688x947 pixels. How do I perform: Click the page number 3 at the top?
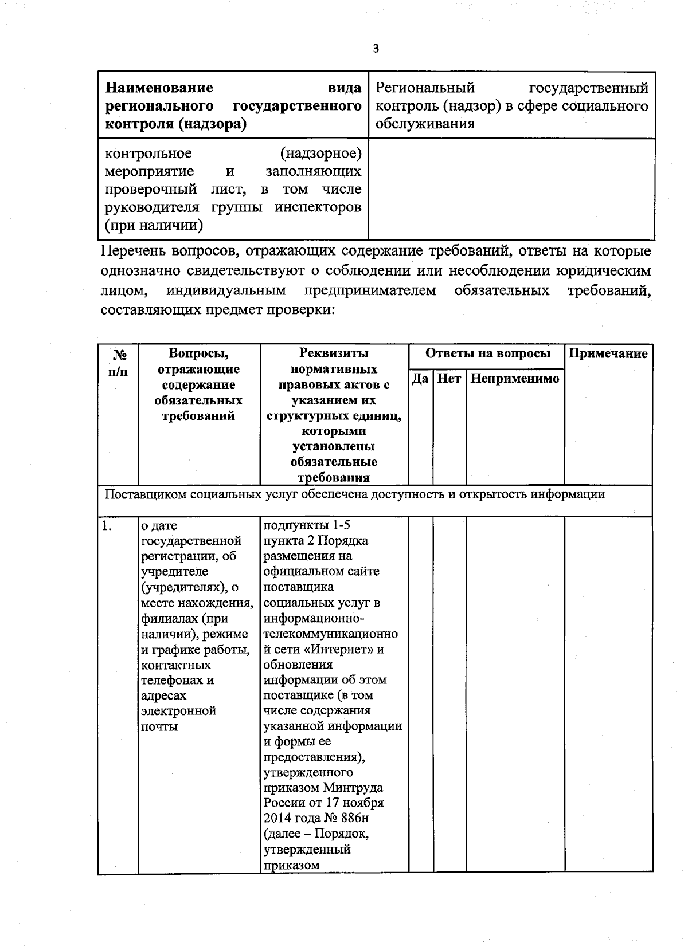[x=376, y=49]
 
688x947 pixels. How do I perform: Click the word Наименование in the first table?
[x=159, y=88]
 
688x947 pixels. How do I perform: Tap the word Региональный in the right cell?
[x=425, y=88]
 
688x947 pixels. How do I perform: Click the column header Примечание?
[x=608, y=353]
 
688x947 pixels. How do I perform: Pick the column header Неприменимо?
[x=515, y=379]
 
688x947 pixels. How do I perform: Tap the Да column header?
[x=420, y=379]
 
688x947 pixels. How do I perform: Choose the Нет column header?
[x=449, y=379]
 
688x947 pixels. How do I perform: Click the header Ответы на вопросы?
[x=487, y=353]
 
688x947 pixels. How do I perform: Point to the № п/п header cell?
[x=118, y=362]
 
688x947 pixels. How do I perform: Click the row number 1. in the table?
[x=107, y=525]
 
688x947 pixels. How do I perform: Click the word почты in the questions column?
[x=159, y=726]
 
